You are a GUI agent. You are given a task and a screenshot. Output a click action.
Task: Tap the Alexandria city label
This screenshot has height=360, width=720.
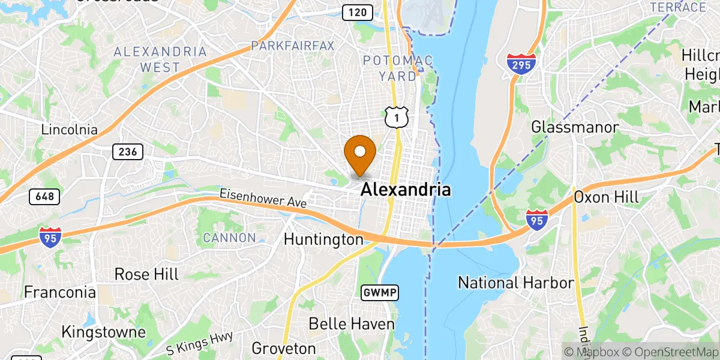click(406, 190)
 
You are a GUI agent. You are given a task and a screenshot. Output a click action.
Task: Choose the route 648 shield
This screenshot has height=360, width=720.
click(44, 196)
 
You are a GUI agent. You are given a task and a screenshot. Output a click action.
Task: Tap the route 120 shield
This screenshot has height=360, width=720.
click(356, 11)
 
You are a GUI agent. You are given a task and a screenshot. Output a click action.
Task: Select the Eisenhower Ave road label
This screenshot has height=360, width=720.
click(263, 199)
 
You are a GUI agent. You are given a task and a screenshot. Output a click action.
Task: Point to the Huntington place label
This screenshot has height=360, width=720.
click(323, 239)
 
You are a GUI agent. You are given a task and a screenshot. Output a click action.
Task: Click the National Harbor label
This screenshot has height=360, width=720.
click(516, 282)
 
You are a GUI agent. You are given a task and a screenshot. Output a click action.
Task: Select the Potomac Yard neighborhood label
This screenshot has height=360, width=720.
click(390, 68)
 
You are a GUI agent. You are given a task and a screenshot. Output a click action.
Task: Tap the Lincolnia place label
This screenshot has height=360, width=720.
click(70, 129)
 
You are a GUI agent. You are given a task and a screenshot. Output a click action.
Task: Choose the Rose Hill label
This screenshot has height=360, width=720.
click(146, 274)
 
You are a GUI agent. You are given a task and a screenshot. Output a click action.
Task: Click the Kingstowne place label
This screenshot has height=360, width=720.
click(104, 332)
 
